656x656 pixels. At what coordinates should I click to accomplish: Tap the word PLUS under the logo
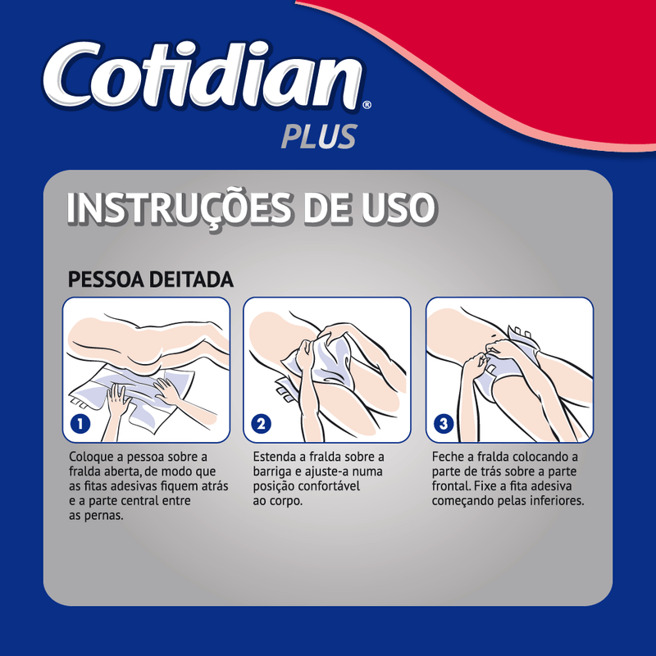[x=319, y=136]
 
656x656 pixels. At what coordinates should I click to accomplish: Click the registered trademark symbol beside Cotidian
[x=367, y=104]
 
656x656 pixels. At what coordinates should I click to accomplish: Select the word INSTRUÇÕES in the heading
[x=179, y=209]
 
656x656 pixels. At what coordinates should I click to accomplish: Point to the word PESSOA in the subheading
[x=106, y=280]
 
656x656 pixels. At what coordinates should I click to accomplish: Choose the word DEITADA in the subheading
[x=191, y=280]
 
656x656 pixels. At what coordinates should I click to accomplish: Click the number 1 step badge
[x=80, y=424]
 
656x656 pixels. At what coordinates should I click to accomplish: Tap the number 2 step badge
[x=261, y=424]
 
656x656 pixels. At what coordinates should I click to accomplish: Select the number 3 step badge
[x=444, y=424]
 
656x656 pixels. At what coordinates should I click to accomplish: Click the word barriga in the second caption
[x=272, y=472]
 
